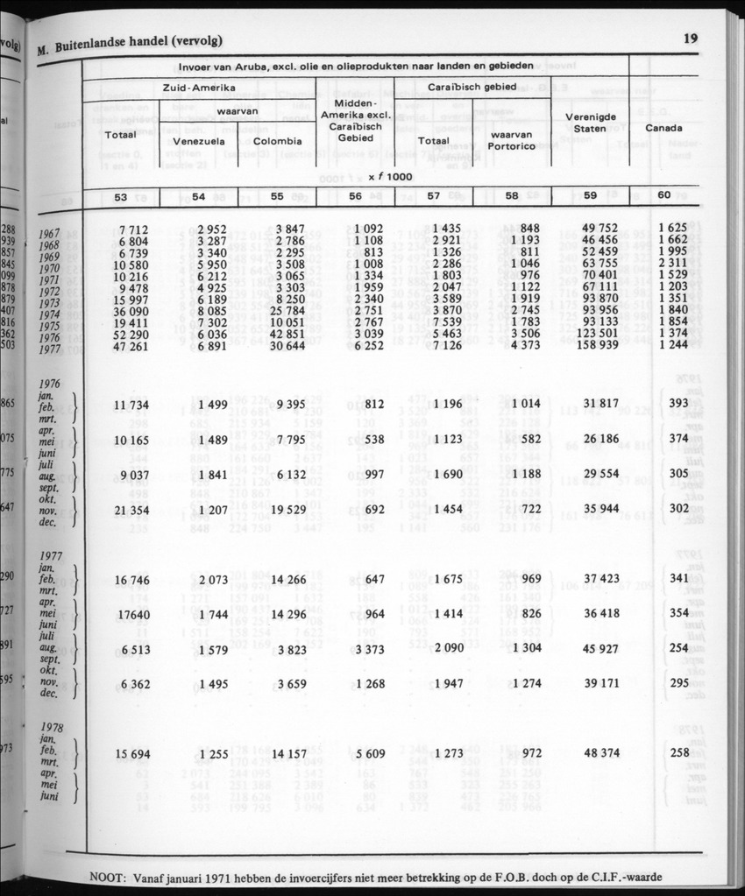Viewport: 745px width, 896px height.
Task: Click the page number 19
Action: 690,38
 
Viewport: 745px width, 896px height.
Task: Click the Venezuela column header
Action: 200,140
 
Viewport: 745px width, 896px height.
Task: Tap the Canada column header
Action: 663,129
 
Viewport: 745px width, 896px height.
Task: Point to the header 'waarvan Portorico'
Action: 513,140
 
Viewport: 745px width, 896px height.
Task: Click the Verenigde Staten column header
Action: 590,122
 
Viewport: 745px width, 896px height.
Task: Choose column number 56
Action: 355,197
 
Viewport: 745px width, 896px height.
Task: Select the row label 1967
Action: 56,235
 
